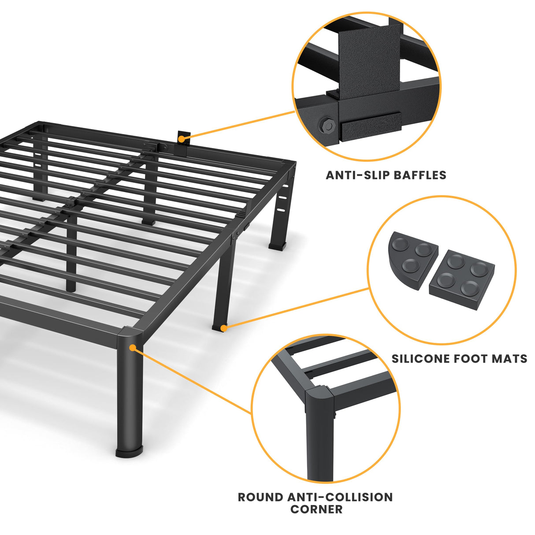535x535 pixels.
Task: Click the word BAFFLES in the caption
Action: click(x=420, y=175)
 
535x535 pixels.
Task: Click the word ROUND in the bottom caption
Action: click(x=261, y=497)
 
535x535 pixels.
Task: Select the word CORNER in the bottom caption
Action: click(x=316, y=509)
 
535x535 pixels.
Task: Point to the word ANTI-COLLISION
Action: click(x=340, y=497)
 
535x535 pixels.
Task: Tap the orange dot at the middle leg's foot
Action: click(x=224, y=328)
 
